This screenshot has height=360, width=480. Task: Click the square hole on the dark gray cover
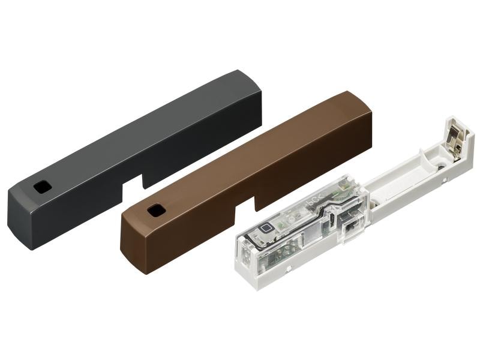click(42, 187)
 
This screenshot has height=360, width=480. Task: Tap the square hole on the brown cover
click(156, 210)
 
